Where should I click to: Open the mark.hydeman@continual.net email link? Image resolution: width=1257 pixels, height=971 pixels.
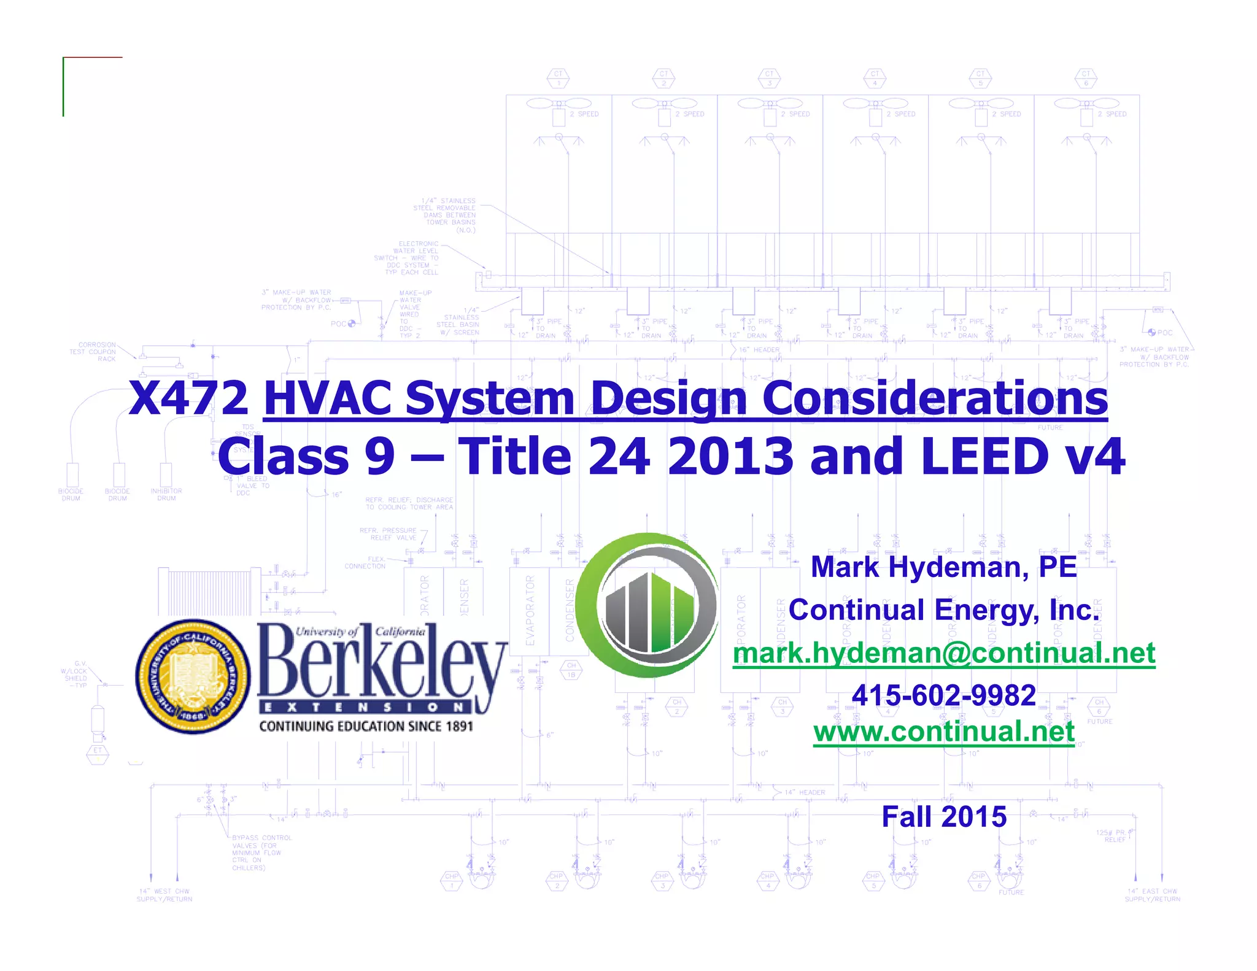tap(944, 652)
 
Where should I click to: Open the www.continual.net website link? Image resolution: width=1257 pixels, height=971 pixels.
tap(944, 732)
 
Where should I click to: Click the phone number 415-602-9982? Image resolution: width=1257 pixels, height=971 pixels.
tap(944, 695)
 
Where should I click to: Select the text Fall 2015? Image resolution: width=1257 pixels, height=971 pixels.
tap(944, 817)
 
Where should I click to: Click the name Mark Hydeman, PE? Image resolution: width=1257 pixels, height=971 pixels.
tap(944, 567)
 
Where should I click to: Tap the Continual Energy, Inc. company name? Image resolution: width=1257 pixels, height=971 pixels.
tap(944, 610)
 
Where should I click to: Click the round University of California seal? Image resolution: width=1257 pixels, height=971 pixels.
tap(193, 676)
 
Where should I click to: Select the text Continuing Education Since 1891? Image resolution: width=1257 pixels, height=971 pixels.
tap(366, 727)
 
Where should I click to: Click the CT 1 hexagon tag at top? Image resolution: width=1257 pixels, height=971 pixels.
tap(558, 79)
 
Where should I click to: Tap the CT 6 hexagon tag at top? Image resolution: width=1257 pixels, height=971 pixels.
tap(1086, 79)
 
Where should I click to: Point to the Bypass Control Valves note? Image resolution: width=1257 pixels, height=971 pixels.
tap(260, 853)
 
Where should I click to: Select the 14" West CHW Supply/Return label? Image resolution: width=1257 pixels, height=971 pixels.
tap(164, 895)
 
